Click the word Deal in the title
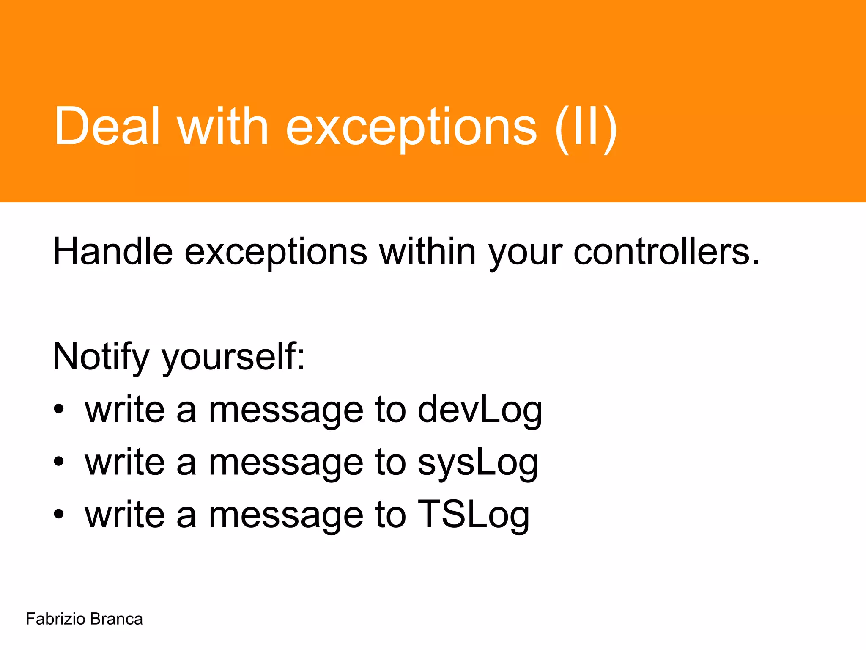(x=107, y=126)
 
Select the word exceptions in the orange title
(x=411, y=129)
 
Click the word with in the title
(x=223, y=126)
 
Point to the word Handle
(x=112, y=251)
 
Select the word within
(x=428, y=251)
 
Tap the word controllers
(x=666, y=251)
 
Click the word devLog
(x=480, y=410)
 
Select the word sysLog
(x=478, y=463)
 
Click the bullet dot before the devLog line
(x=59, y=409)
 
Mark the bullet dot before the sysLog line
(x=59, y=462)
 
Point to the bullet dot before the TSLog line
(x=59, y=514)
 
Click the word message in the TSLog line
(x=286, y=516)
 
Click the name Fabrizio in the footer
(x=55, y=619)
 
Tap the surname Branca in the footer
(x=116, y=619)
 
